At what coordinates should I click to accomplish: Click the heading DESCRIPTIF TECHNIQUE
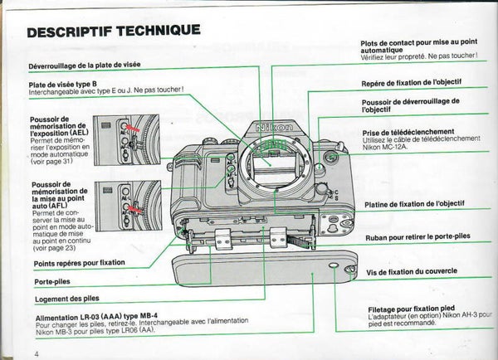coord(113,32)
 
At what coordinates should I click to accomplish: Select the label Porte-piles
coord(51,282)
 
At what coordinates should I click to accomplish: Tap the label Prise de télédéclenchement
coord(408,132)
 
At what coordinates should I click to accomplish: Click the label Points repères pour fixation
coord(80,263)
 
